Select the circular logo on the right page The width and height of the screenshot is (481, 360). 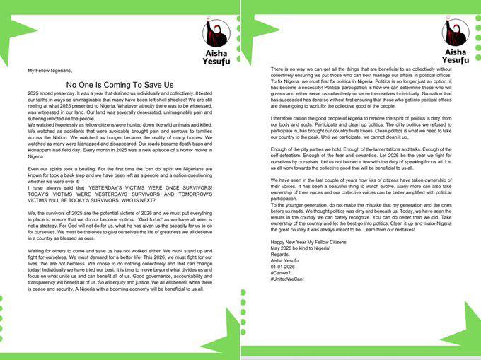coord(456,33)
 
